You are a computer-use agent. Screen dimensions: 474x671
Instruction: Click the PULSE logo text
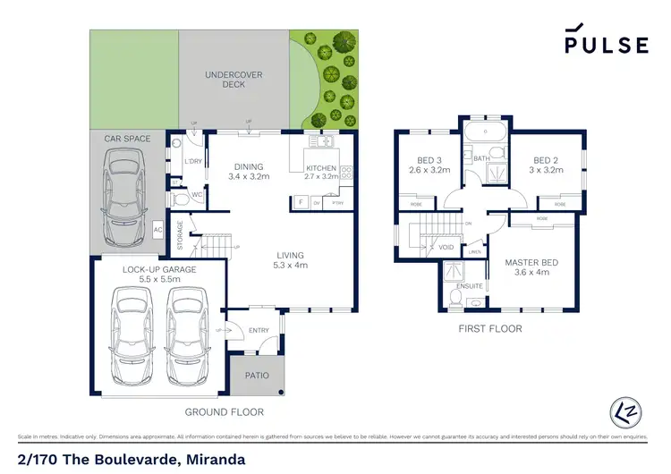(x=606, y=45)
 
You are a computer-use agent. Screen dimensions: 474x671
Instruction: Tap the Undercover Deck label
(x=233, y=80)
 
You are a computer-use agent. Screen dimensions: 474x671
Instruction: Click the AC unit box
(x=157, y=229)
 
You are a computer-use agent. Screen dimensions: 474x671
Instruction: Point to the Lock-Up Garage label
(x=159, y=269)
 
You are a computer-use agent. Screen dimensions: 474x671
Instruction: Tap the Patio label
(x=258, y=376)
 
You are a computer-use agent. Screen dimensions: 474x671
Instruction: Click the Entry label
(x=259, y=331)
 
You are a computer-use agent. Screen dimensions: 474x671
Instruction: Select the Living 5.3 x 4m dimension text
(x=290, y=265)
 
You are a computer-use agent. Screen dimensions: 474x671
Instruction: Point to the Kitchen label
(x=321, y=167)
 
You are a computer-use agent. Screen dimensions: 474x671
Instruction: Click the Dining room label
(x=248, y=166)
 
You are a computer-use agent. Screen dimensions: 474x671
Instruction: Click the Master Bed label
(x=532, y=262)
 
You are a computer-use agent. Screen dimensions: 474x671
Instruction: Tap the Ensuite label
(x=471, y=286)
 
